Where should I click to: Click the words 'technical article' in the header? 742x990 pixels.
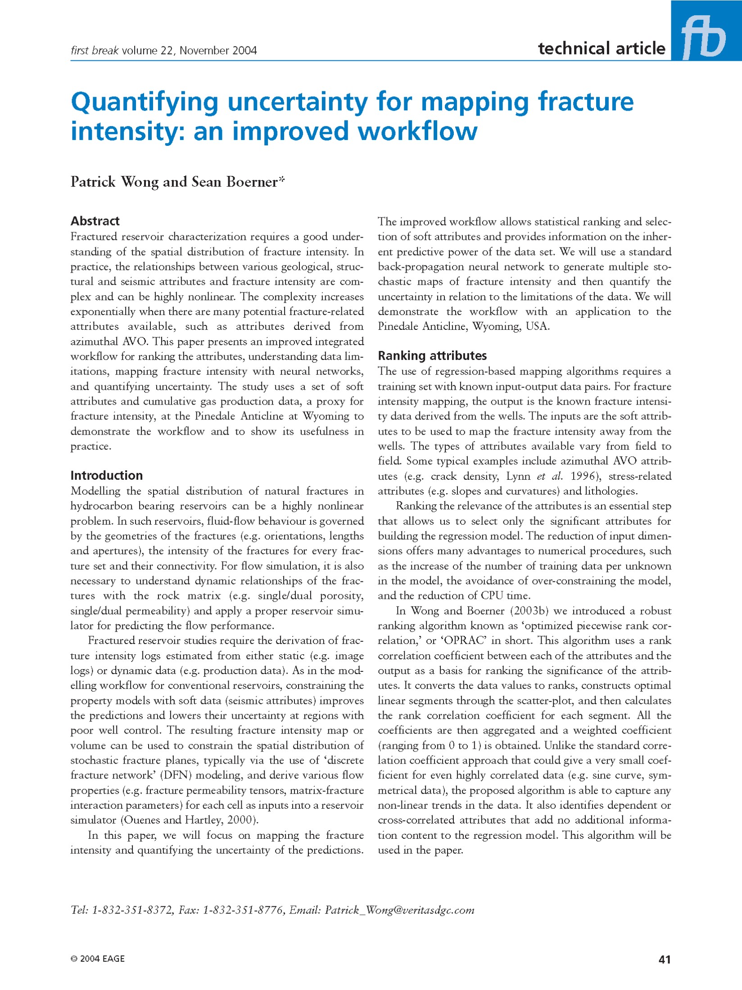(x=601, y=49)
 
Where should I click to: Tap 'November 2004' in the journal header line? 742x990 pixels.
(x=218, y=50)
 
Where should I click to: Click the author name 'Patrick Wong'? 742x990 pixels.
(x=115, y=182)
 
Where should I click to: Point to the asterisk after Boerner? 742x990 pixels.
(x=282, y=179)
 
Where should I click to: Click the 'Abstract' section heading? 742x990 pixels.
(x=95, y=221)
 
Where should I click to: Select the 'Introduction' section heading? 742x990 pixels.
(x=107, y=475)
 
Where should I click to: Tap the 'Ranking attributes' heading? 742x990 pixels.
(x=432, y=355)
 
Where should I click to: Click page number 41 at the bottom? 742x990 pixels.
(x=664, y=959)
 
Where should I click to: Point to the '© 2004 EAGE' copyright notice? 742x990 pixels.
(x=98, y=958)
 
